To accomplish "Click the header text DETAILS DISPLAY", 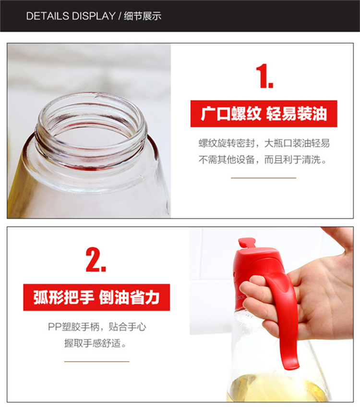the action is coord(71,16).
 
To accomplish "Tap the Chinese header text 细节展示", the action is coord(143,16).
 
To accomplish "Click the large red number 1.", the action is coord(264,76).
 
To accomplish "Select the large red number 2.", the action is coord(96,259).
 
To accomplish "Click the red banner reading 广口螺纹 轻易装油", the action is coord(264,114).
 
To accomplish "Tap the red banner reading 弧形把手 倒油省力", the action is coord(96,297).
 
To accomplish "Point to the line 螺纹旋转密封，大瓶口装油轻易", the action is coord(264,143).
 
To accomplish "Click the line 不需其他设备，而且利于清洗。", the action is coord(263,160).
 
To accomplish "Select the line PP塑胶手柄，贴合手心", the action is coord(97,327).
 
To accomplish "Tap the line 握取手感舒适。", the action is coord(96,343).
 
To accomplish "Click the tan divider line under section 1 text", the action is coord(264,178).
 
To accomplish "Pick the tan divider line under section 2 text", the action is coord(97,361).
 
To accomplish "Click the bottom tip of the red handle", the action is coord(292,367).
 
